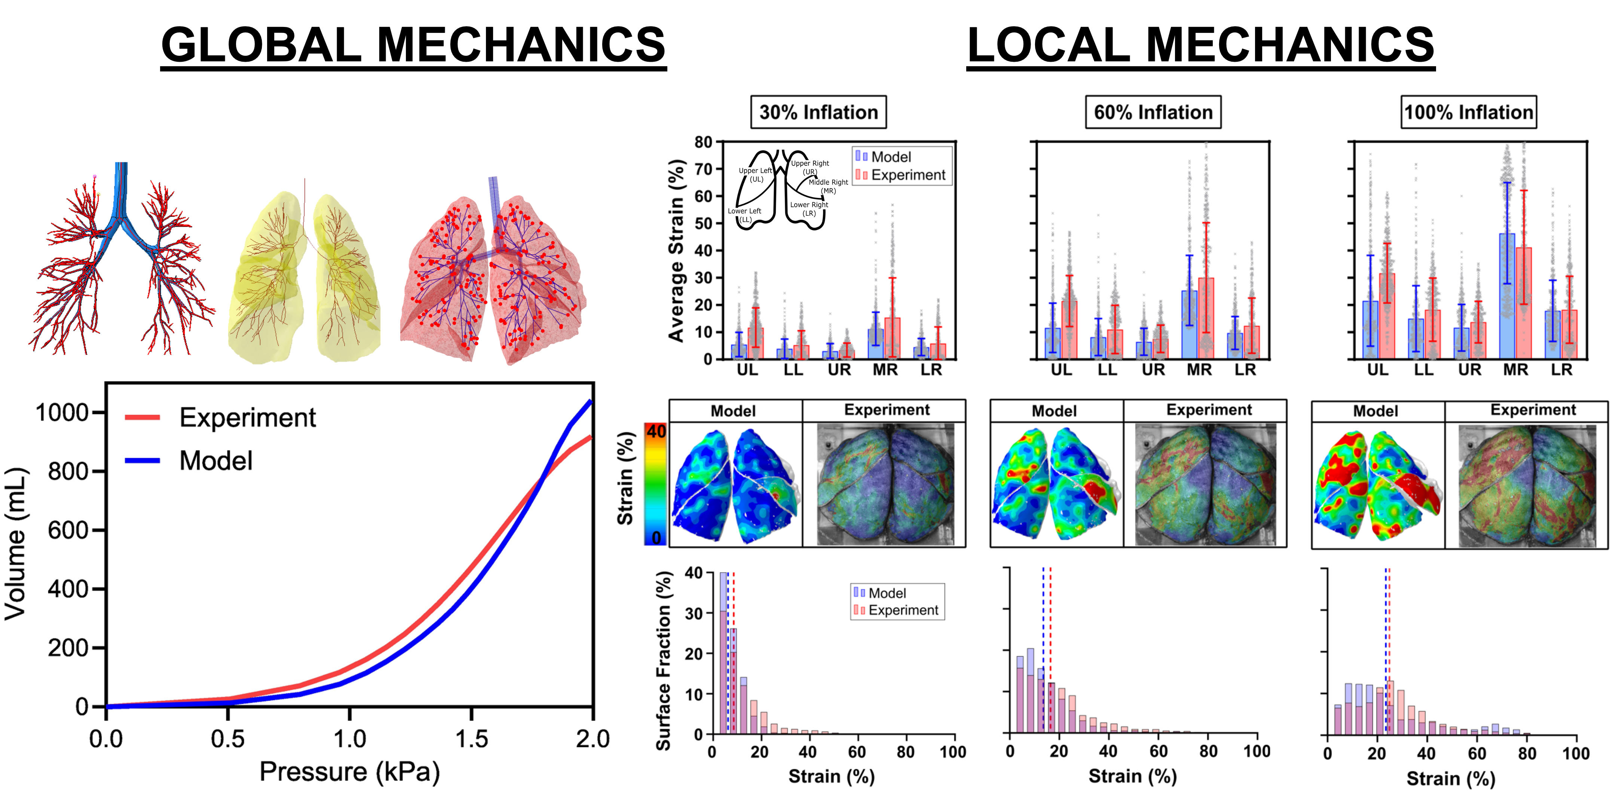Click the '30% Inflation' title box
(x=818, y=112)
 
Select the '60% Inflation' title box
(x=1153, y=112)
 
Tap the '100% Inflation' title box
(x=1468, y=112)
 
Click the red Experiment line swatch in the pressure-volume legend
(x=143, y=418)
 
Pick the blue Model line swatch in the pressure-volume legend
(x=143, y=461)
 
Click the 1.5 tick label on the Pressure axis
(x=471, y=739)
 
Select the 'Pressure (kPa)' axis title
(x=349, y=772)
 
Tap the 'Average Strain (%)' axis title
(x=676, y=250)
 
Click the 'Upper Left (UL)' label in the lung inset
(x=755, y=175)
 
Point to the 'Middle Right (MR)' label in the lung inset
(x=828, y=186)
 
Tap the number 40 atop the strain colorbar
(x=656, y=431)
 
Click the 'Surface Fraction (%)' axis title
(x=663, y=661)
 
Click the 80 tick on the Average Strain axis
(x=703, y=142)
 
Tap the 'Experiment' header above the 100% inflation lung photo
(x=1533, y=410)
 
